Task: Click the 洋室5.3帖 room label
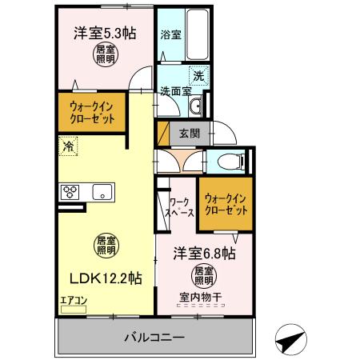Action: click(105, 34)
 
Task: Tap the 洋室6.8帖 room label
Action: click(204, 254)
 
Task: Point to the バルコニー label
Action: click(154, 338)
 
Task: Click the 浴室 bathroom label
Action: click(169, 35)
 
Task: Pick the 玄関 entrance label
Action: click(189, 133)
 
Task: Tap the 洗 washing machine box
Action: click(198, 77)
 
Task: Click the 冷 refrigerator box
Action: click(67, 147)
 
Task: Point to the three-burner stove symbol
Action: click(70, 192)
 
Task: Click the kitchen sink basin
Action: click(102, 192)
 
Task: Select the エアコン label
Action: click(72, 302)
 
